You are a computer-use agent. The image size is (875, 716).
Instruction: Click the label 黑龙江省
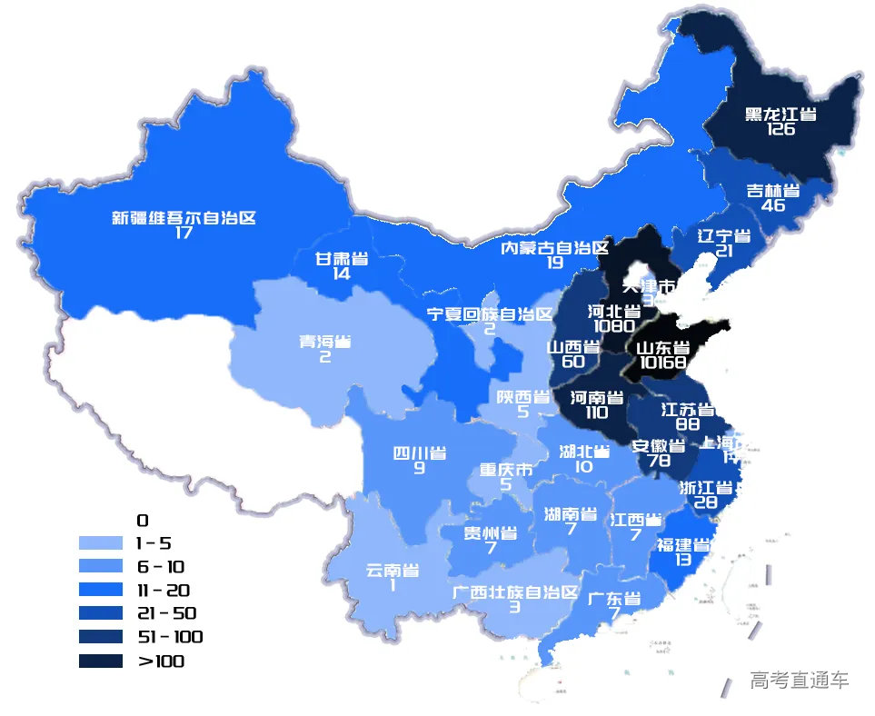tap(781, 114)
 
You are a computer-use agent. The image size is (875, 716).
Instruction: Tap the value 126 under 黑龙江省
tap(781, 129)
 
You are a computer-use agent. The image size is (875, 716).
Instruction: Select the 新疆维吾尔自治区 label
tap(184, 218)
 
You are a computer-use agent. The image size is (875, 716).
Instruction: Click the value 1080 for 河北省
tap(614, 325)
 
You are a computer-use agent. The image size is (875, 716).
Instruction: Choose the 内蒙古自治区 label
tap(555, 248)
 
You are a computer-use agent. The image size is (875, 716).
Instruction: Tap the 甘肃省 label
tap(342, 259)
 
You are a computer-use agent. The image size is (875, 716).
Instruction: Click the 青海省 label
tap(325, 343)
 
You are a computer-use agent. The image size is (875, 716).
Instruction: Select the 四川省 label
tap(419, 453)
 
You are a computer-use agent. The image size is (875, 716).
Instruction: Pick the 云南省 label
tap(393, 571)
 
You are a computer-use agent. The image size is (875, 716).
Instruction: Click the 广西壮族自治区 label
tap(515, 592)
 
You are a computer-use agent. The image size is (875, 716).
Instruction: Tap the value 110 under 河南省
tap(596, 413)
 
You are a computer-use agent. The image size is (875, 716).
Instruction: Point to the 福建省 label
tap(683, 545)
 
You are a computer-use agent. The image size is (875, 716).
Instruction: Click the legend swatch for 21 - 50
tap(100, 613)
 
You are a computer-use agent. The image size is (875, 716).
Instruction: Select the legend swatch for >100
tap(100, 661)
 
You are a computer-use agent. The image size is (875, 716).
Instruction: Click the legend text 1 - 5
tap(153, 543)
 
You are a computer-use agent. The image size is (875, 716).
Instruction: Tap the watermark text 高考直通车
tap(800, 680)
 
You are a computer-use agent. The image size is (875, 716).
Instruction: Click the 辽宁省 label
tap(724, 236)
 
